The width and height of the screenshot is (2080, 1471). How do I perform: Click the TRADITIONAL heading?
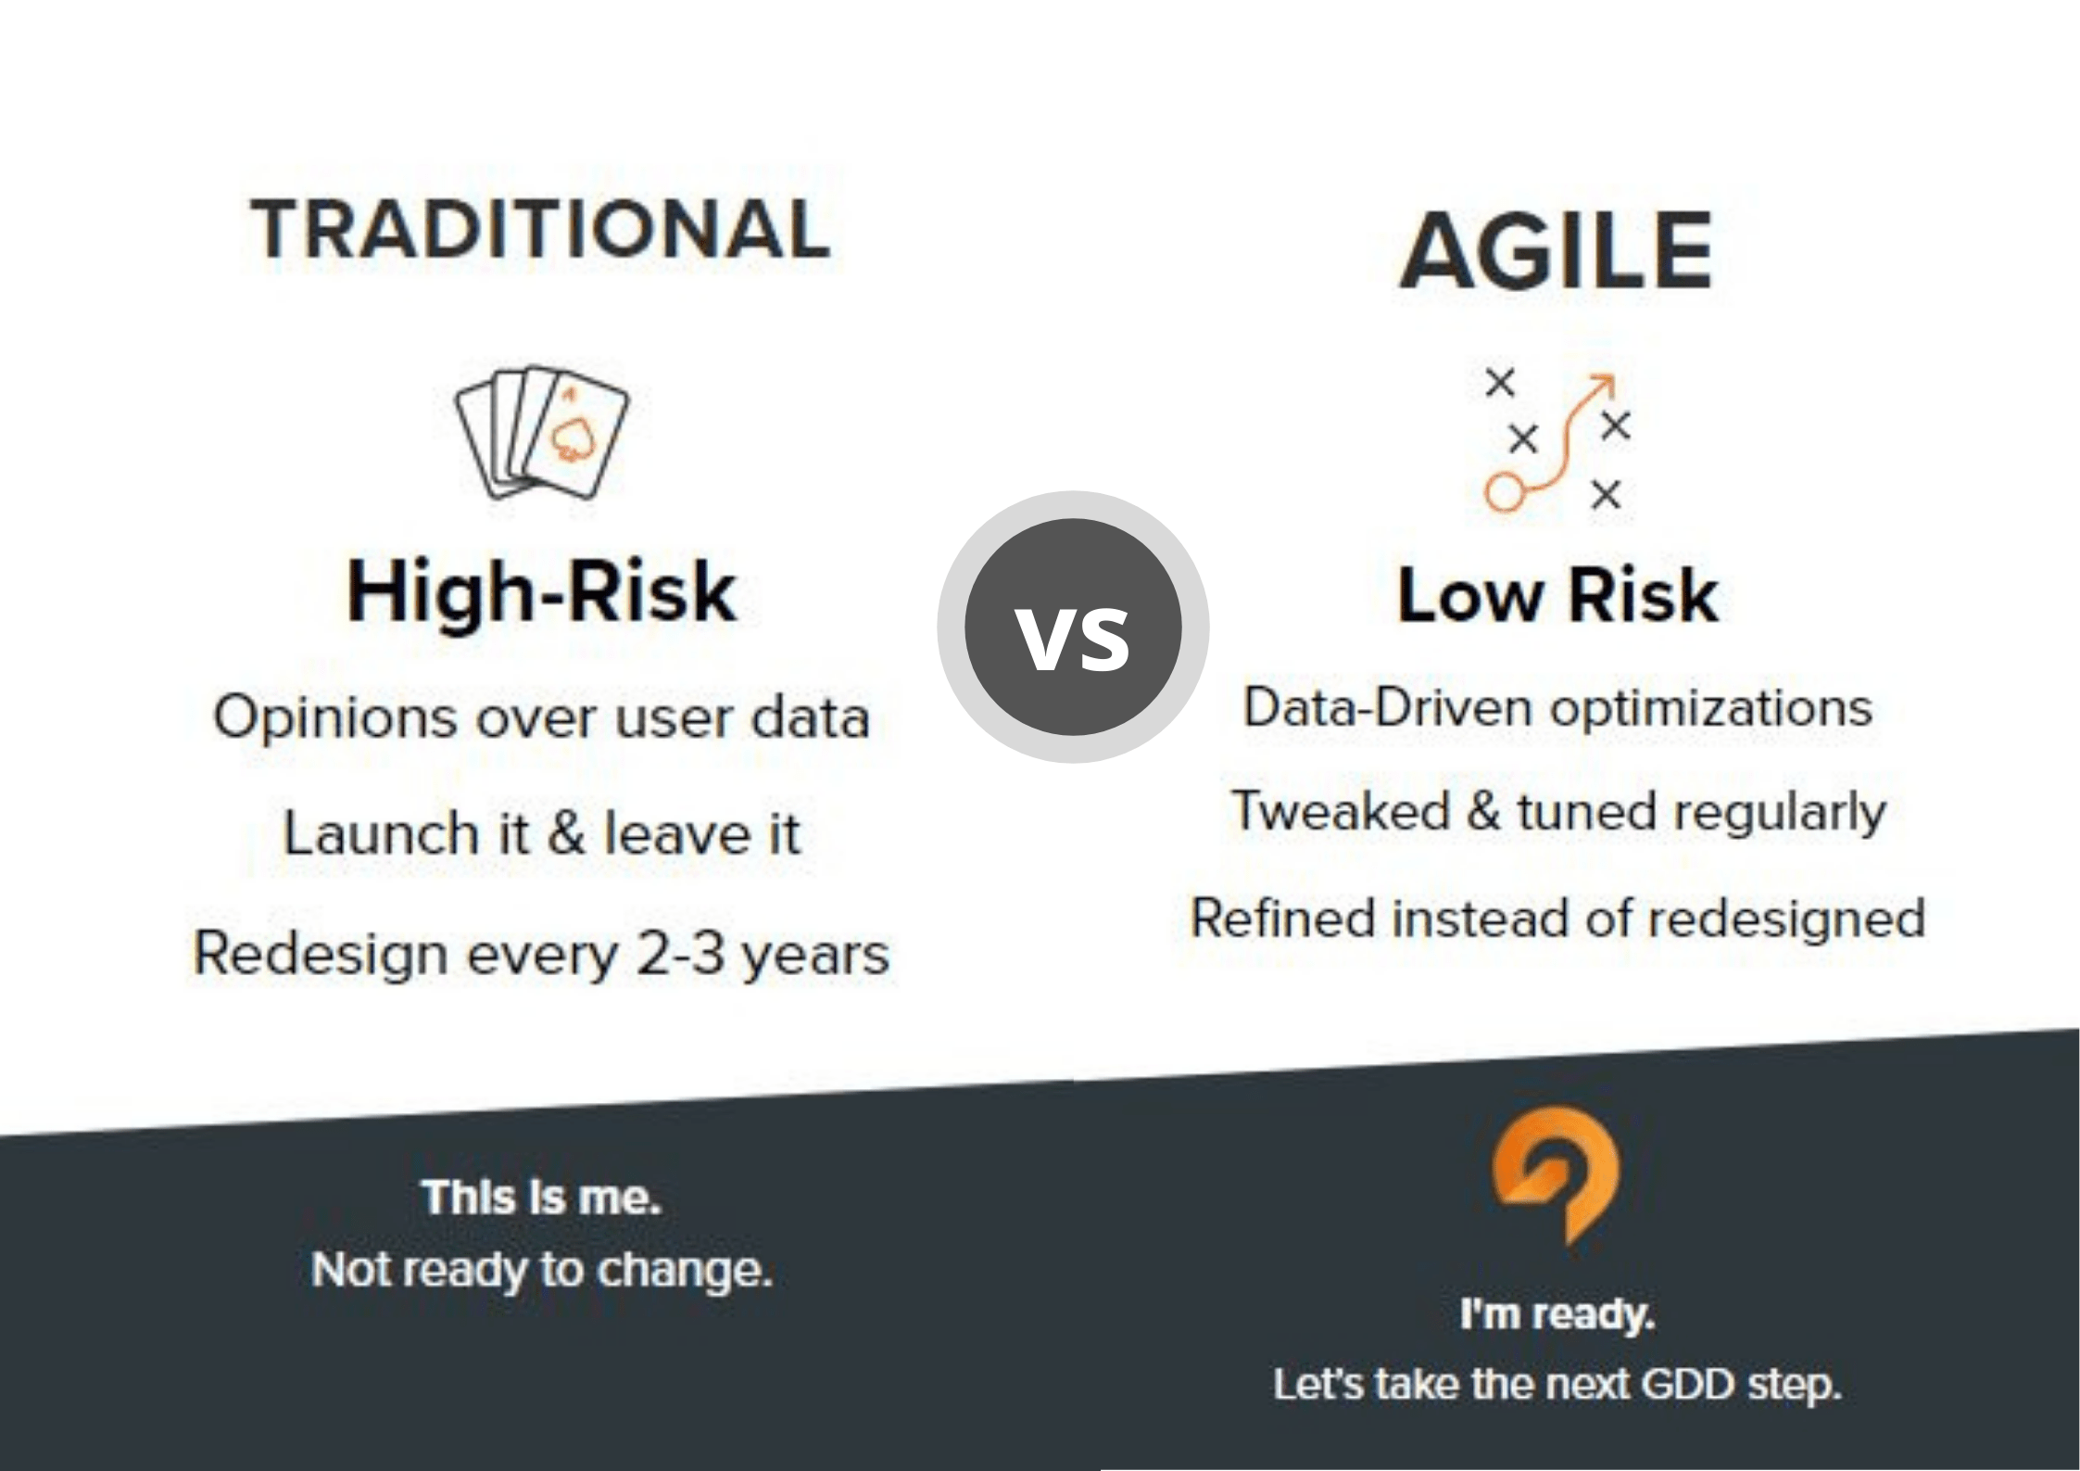pyautogui.click(x=540, y=229)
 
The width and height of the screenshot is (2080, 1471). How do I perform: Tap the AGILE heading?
pyautogui.click(x=1557, y=250)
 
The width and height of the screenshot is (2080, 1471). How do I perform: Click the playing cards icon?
pyautogui.click(x=541, y=432)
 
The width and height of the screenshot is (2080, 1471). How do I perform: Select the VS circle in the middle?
pyautogui.click(x=1073, y=628)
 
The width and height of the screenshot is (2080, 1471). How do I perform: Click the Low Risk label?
pyautogui.click(x=1557, y=595)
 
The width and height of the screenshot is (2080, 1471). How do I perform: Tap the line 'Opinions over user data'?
pyautogui.click(x=542, y=717)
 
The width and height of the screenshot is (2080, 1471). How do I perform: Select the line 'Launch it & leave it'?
pyautogui.click(x=541, y=832)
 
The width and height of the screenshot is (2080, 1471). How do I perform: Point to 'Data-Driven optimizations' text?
pyautogui.click(x=1557, y=708)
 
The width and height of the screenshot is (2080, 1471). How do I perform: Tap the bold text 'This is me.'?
pyautogui.click(x=542, y=1198)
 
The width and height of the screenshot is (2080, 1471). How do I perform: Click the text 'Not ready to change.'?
pyautogui.click(x=542, y=1271)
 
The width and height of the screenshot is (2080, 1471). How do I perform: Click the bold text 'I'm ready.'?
pyautogui.click(x=1557, y=1314)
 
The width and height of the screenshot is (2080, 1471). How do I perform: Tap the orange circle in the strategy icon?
pyautogui.click(x=1505, y=491)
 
